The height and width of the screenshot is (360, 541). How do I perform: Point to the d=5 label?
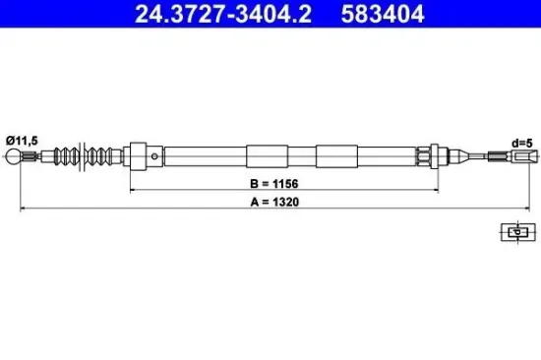[x=522, y=144]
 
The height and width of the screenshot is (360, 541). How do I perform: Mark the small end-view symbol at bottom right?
[x=514, y=232]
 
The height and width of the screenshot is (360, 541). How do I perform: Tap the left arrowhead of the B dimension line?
[x=133, y=190]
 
